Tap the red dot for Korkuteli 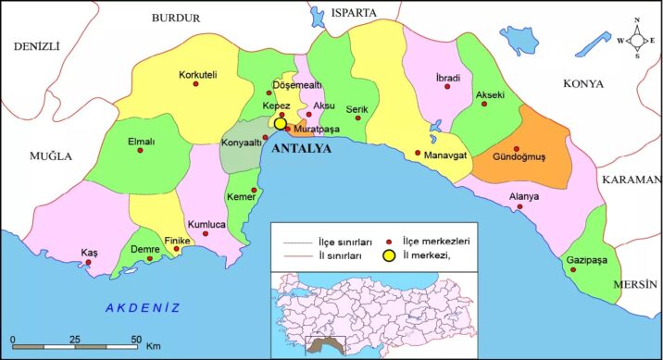tap(195, 85)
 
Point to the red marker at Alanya tap(519, 206)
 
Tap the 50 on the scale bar tap(136, 339)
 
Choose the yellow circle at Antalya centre tap(280, 123)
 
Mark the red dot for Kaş tap(89, 262)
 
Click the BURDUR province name tap(176, 18)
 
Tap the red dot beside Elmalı tap(140, 151)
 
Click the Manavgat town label tap(449, 155)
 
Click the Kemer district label tap(239, 197)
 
